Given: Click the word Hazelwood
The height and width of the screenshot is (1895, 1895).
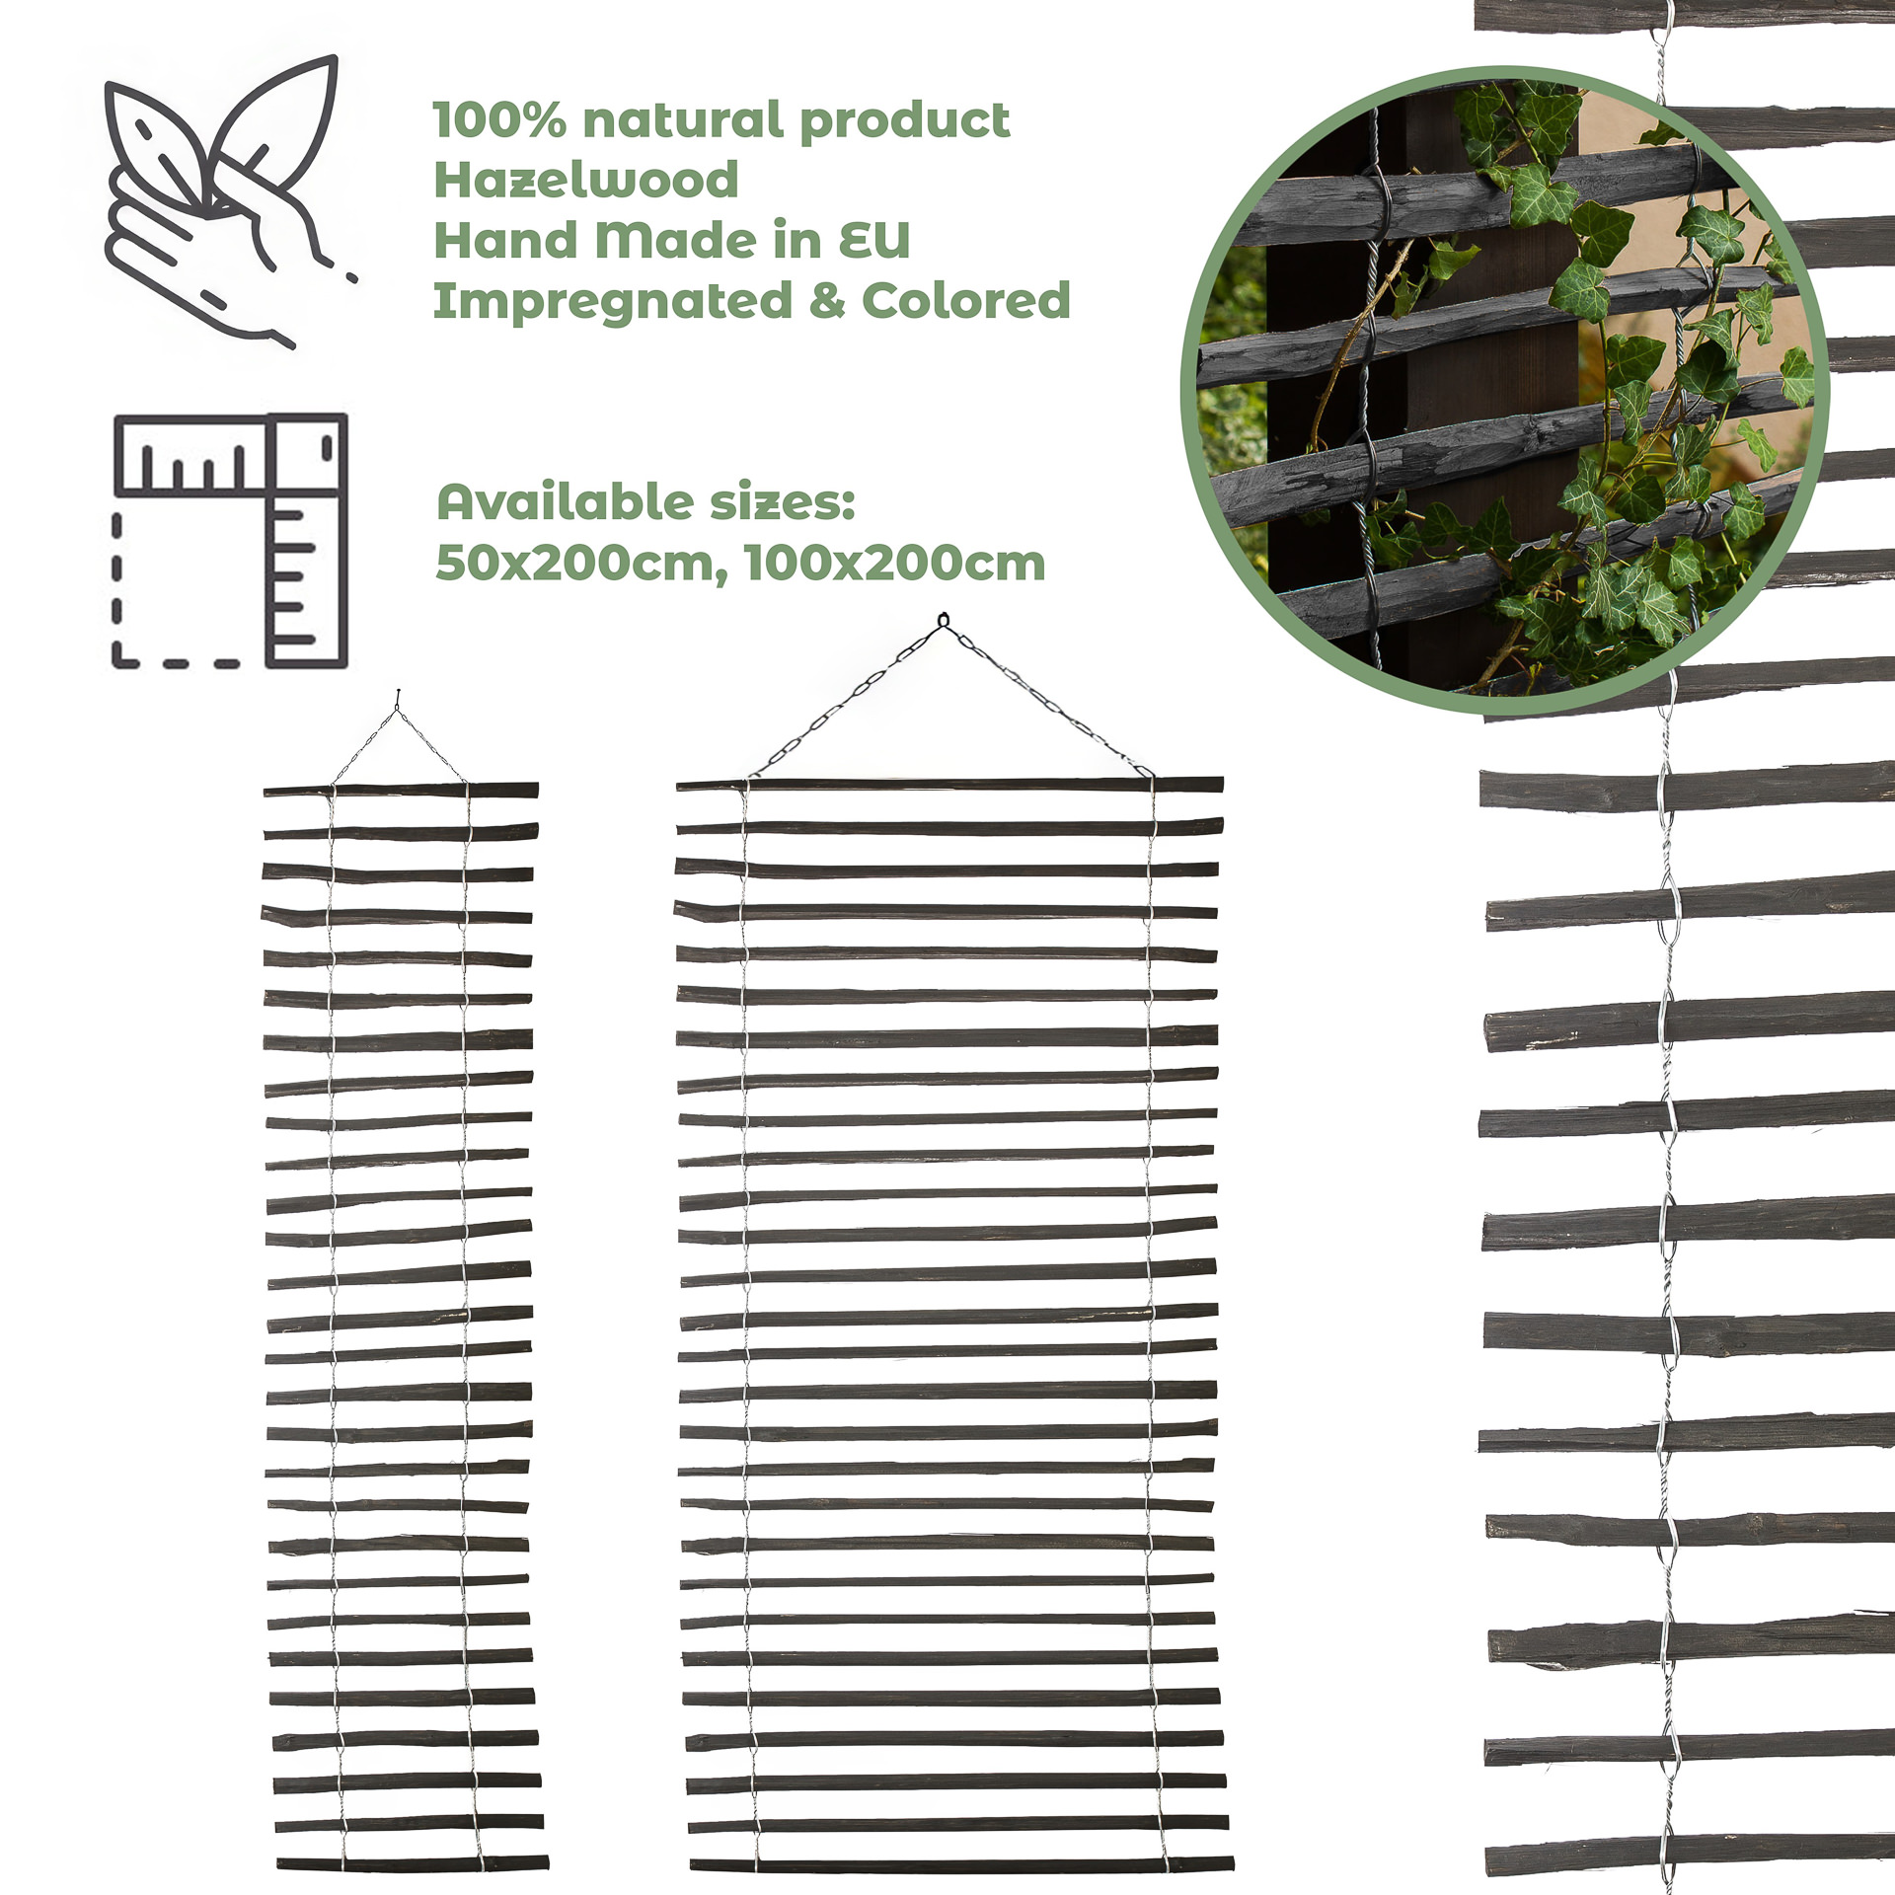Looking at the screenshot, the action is click(586, 180).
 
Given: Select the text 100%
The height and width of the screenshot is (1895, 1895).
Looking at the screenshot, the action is click(500, 120).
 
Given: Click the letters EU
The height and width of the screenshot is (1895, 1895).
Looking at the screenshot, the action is click(874, 240).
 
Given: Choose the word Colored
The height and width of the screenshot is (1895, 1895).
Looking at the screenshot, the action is click(966, 300).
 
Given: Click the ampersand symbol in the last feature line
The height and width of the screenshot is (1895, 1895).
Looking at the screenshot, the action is click(827, 301).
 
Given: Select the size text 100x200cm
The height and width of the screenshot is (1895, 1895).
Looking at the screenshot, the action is click(895, 563).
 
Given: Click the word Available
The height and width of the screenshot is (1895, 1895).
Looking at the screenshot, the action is click(562, 502).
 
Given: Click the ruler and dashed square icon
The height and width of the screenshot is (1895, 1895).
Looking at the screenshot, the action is click(230, 541).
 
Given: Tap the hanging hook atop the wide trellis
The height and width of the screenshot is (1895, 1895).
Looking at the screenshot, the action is click(943, 621).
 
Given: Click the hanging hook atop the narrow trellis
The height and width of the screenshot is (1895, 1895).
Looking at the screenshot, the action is click(398, 699).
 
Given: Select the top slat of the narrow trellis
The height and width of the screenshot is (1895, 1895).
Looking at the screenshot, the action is click(401, 791).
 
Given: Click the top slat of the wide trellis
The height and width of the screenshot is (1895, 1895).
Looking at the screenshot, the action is click(949, 785).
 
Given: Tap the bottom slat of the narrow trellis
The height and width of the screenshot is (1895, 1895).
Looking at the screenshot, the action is click(413, 1863).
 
